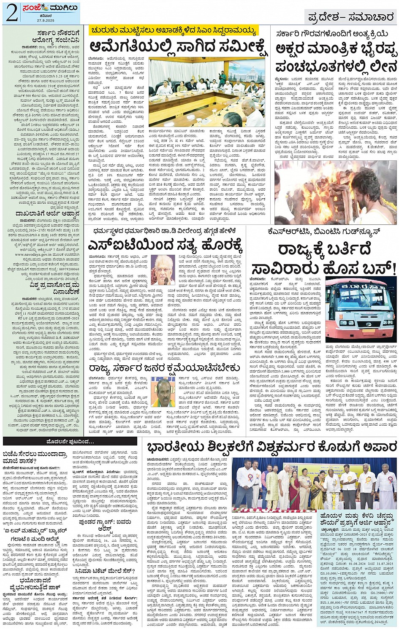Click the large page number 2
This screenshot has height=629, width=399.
(11, 13)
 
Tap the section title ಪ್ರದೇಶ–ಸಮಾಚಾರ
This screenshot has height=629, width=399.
(351, 17)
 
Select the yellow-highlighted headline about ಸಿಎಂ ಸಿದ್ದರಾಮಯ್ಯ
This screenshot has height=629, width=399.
(173, 31)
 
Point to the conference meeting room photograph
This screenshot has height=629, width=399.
(206, 92)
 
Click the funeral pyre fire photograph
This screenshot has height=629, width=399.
(335, 192)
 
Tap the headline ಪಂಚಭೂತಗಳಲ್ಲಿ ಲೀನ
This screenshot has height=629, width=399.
(336, 66)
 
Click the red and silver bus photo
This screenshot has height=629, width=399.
(361, 309)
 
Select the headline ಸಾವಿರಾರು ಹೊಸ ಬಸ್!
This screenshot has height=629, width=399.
(324, 268)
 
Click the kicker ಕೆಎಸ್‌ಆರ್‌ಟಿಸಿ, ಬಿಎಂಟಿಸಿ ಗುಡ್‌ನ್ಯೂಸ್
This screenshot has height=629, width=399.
(324, 232)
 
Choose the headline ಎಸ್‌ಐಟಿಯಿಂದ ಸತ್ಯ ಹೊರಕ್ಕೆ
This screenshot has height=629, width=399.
(165, 245)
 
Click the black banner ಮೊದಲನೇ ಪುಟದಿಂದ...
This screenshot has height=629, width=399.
(70, 442)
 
